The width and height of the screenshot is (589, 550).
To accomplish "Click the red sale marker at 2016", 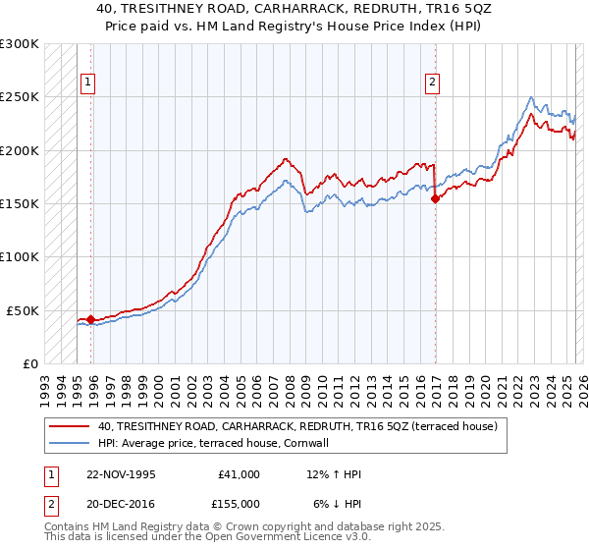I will coord(435,198).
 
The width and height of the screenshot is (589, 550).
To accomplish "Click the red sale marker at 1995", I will coord(90,319).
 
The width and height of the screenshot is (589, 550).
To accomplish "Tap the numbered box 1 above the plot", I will coord(88,83).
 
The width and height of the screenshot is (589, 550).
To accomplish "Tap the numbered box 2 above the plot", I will coord(431,83).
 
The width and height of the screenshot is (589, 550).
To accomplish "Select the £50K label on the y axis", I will coord(24,310).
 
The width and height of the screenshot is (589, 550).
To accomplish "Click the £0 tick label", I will coord(30,363).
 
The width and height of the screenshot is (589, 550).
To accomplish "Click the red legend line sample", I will coord(70,426).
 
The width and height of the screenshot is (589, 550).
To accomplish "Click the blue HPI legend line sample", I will coord(70,443).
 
